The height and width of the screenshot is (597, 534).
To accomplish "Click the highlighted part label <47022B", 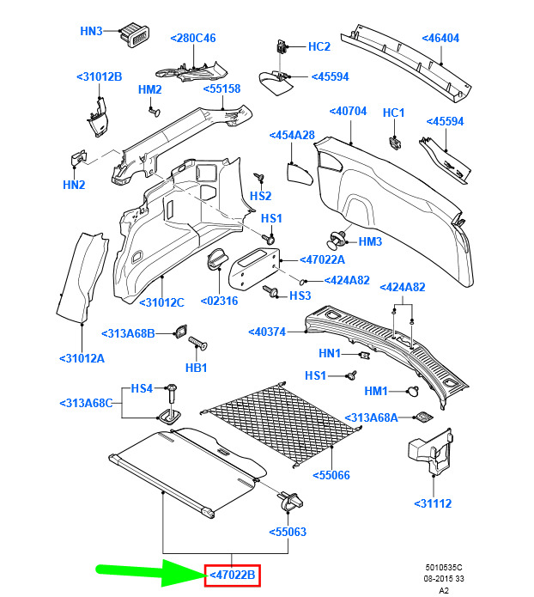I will coord(232,576).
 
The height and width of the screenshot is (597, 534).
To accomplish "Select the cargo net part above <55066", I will coord(288,422).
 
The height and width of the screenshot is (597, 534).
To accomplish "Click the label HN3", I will coord(91,31).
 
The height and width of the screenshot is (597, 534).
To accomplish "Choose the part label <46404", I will coord(440,38).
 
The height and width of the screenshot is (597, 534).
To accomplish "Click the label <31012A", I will coord(82,357).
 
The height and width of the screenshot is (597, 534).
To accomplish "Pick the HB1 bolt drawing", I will coord(200,344).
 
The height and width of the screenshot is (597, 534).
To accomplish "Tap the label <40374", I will coord(266,332).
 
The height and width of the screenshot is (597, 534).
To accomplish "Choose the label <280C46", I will coord(193,38).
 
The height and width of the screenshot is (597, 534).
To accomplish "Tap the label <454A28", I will coord(292,135).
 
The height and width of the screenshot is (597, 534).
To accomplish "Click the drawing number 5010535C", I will coord(442,567).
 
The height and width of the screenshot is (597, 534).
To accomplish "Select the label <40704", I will coord(348,111).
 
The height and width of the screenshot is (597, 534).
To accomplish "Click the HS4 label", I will coord(141,388).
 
